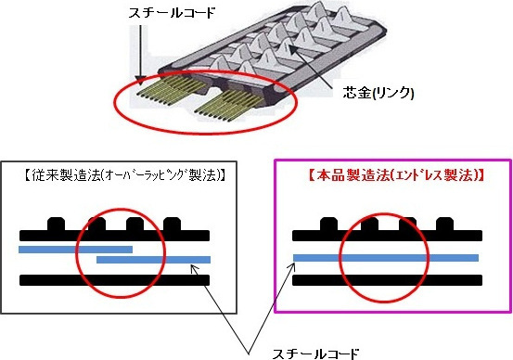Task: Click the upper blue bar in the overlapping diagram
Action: tap(75, 249)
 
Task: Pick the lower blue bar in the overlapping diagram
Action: tap(153, 260)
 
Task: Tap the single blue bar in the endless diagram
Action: tap(385, 257)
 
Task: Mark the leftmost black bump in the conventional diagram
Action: tap(56, 225)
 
